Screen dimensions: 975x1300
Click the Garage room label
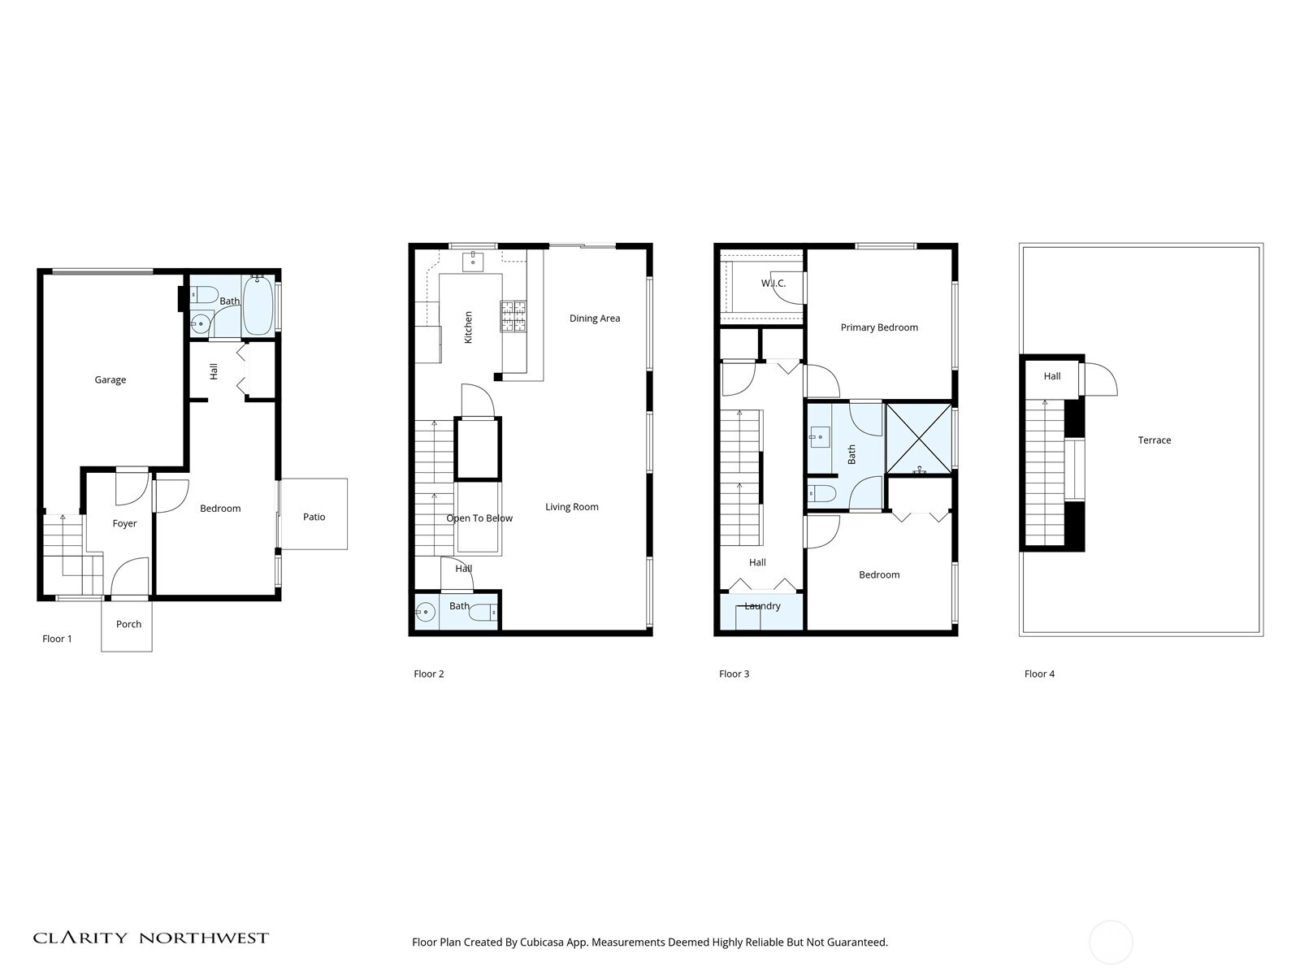110,379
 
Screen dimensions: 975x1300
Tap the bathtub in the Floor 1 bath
258,305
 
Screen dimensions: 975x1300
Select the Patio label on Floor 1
314,517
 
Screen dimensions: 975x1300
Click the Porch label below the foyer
128,624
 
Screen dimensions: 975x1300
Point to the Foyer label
124,523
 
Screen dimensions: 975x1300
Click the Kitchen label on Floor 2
468,327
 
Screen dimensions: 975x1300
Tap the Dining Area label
594,318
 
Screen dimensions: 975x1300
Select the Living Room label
571,507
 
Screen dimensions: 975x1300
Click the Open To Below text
479,518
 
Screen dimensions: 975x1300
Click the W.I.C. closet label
773,284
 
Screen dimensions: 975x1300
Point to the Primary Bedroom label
879,327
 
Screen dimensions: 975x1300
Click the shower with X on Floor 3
918,439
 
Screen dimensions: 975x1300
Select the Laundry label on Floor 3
762,606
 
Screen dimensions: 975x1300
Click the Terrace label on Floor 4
1154,440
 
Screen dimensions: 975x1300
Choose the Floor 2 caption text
429,674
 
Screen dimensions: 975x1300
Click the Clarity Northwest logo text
150,938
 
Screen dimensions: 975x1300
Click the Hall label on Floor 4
1052,376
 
